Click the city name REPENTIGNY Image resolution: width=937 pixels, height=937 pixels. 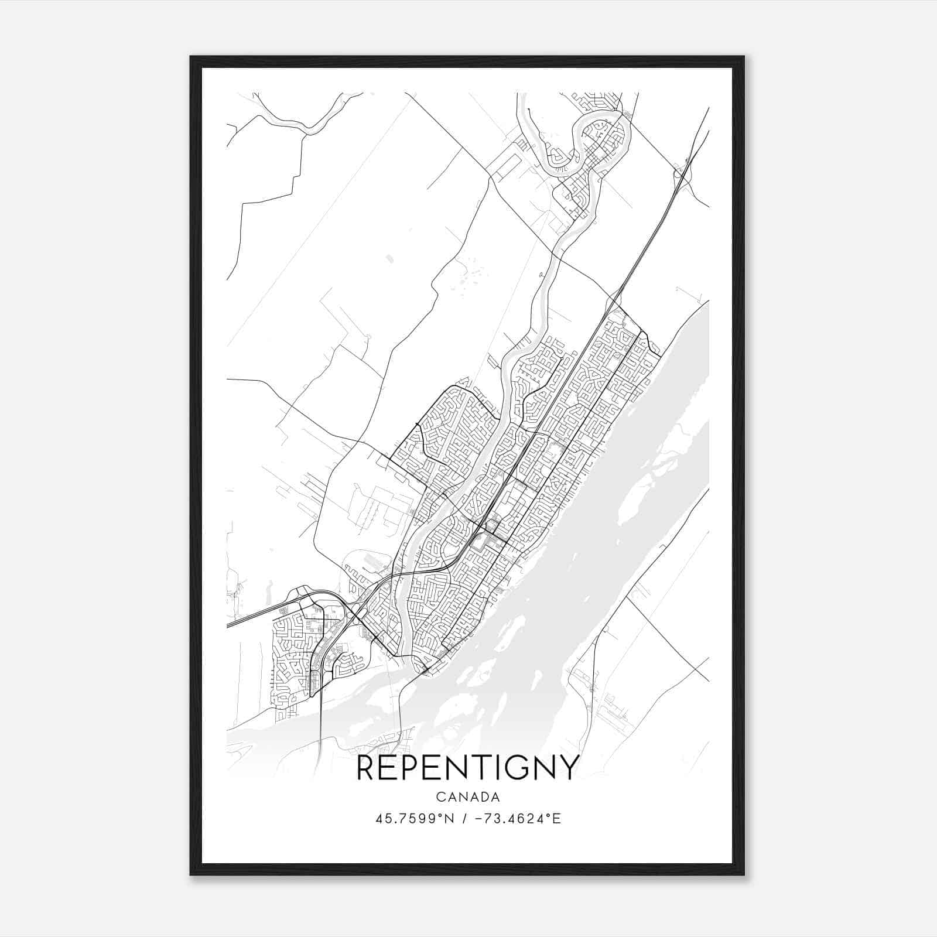pos(467,768)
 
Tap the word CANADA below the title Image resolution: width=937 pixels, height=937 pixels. pos(467,797)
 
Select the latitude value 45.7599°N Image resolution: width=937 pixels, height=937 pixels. pos(415,819)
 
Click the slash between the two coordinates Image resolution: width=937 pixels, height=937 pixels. pos(464,819)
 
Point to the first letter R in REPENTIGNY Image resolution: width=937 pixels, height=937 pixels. pos(365,768)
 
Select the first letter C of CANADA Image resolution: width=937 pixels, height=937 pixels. pos(439,797)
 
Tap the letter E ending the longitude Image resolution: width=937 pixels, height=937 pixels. pos(557,819)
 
